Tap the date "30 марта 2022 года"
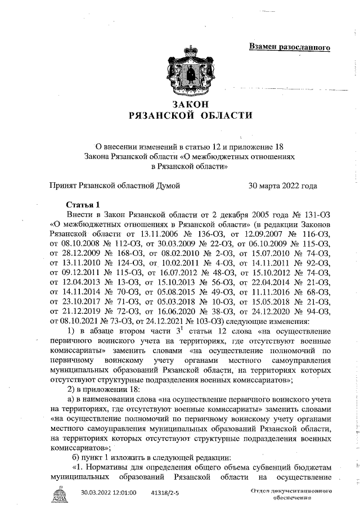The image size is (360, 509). coord(282,185)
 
